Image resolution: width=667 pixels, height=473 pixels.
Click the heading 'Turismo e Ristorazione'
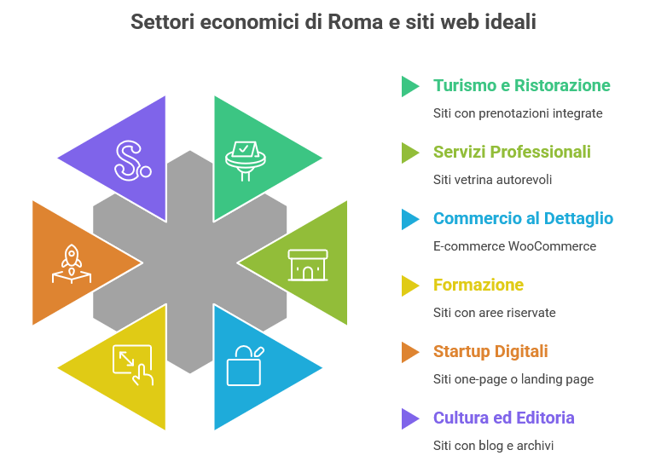[x=521, y=85]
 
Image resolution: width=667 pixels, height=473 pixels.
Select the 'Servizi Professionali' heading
[x=512, y=152]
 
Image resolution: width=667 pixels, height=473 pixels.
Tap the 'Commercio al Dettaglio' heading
[x=522, y=218]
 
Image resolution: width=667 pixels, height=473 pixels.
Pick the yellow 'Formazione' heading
[x=478, y=285]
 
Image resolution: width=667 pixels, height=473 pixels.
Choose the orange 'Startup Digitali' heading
[x=490, y=351]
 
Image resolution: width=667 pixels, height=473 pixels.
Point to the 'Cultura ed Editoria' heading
[x=503, y=418]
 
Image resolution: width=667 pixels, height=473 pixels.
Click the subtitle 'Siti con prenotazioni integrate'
[x=518, y=112]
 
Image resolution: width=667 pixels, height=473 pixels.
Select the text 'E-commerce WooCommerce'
[x=514, y=246]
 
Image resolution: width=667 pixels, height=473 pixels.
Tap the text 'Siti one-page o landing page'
[x=513, y=379]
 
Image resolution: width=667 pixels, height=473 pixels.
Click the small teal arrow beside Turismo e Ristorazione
[x=410, y=85]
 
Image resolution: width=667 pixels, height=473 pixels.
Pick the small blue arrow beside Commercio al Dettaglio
[x=410, y=219]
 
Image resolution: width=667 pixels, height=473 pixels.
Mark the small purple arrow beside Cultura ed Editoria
[x=410, y=418]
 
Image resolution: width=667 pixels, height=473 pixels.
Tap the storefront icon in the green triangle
[x=307, y=264]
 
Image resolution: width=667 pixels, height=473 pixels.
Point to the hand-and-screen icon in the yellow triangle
[x=132, y=365]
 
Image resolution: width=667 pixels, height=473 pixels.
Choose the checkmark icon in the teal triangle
[x=245, y=159]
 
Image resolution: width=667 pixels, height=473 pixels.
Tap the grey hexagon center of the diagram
[x=189, y=262]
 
